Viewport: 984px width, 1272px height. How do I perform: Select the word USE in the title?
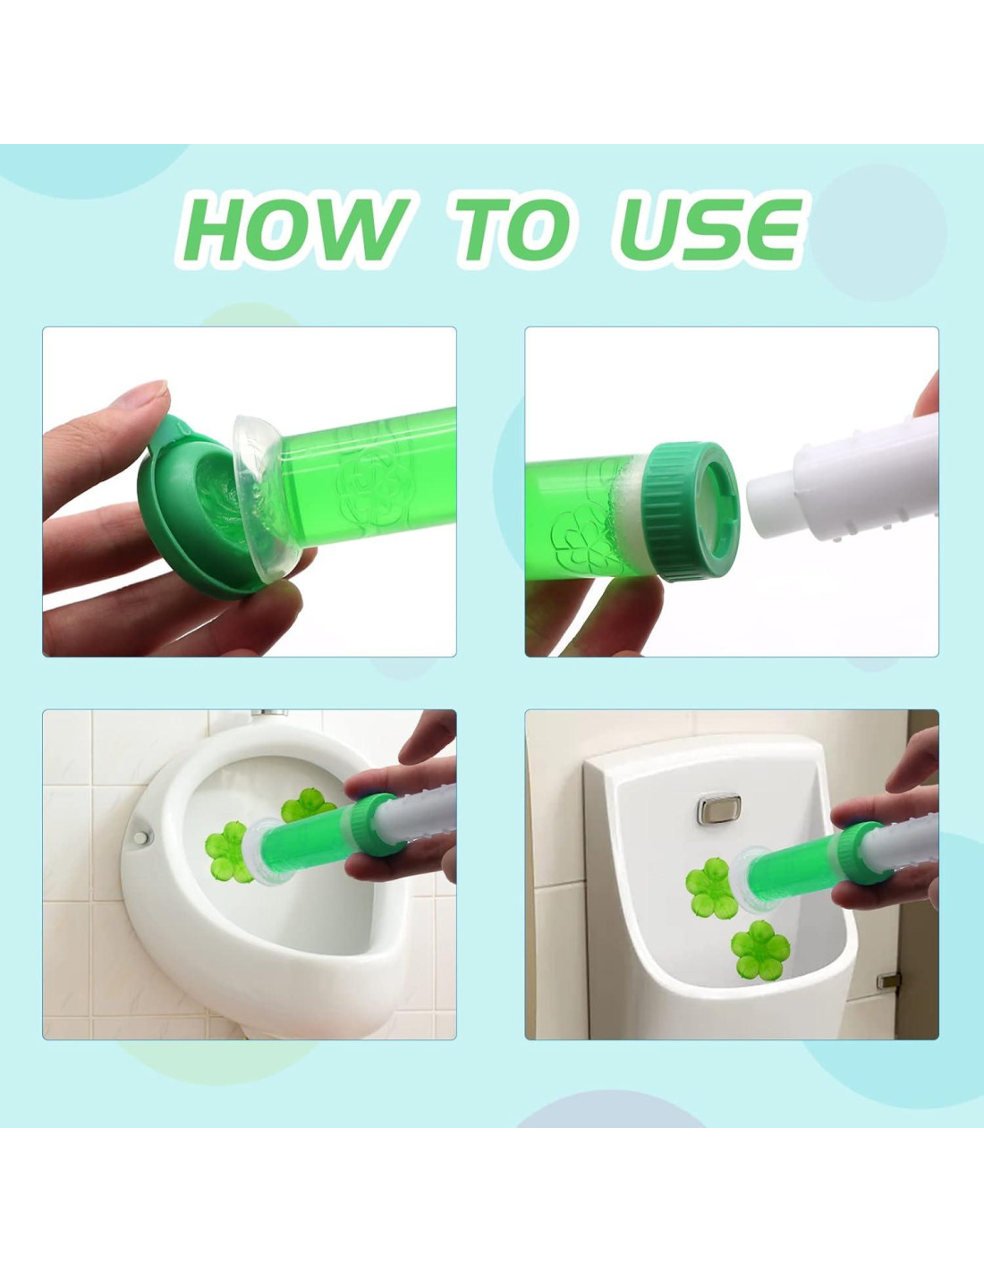click(x=709, y=230)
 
